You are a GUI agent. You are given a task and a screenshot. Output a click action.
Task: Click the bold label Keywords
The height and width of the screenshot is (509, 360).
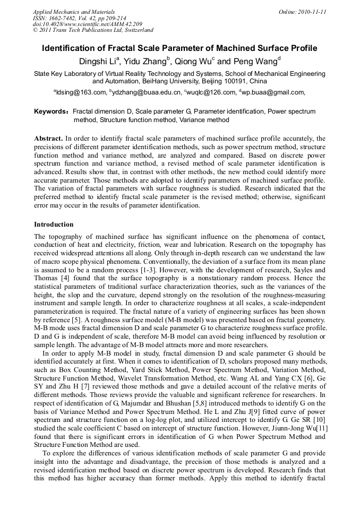click(51, 112)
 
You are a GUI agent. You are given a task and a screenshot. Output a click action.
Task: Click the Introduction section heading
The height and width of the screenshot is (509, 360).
click(54, 225)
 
